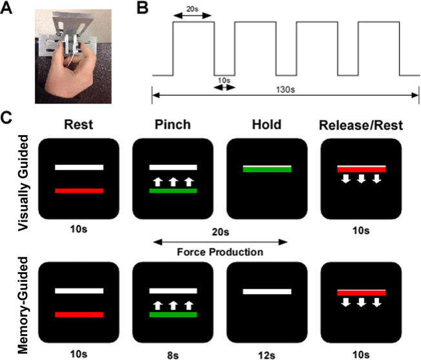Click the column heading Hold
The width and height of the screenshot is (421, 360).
click(x=266, y=125)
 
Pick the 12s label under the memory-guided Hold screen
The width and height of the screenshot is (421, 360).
click(x=267, y=352)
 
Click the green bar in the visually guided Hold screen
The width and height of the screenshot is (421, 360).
click(x=267, y=169)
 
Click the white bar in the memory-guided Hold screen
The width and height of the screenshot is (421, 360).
click(x=267, y=291)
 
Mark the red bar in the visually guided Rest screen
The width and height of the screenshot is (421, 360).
click(x=79, y=191)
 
